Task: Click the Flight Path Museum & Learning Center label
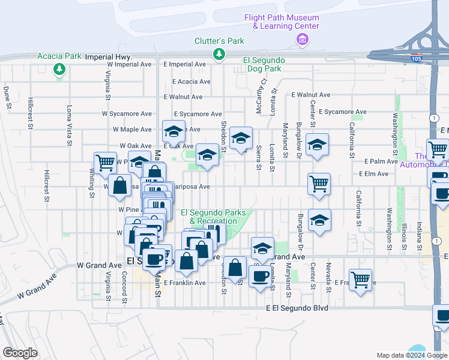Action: point(281,22)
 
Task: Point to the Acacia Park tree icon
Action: point(59,70)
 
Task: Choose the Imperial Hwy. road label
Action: point(109,56)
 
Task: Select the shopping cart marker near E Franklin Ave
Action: point(360,279)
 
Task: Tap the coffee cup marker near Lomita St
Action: point(261,277)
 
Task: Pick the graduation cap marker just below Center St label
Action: point(318,144)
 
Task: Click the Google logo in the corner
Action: point(20,353)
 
